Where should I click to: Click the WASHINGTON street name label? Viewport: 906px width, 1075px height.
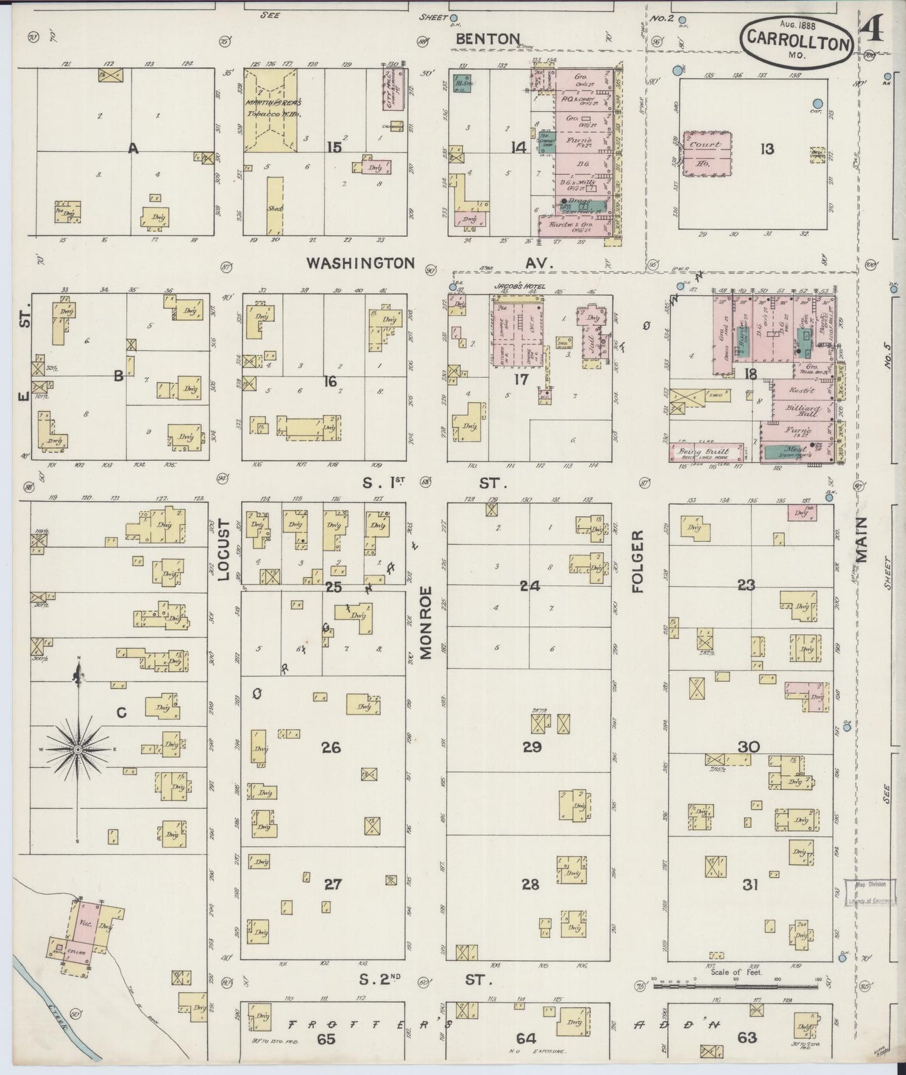(361, 263)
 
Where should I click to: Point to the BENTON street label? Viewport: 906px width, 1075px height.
(488, 39)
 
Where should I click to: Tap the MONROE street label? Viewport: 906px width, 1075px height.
(427, 622)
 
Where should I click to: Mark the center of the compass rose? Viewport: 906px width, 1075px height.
(78, 750)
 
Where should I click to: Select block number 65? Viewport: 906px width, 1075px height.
(326, 1039)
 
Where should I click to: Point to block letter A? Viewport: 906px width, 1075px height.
(133, 149)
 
